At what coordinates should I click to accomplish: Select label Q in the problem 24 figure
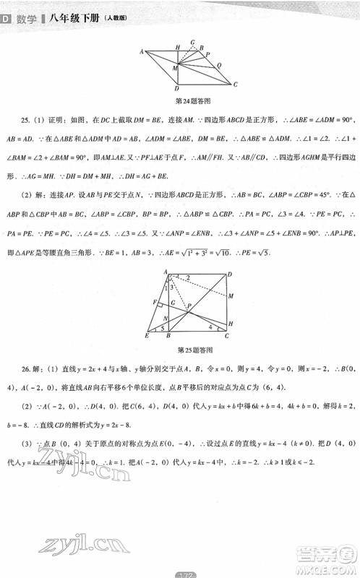220,64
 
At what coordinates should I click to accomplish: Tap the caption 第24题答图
189,99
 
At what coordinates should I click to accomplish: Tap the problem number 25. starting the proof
25,118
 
